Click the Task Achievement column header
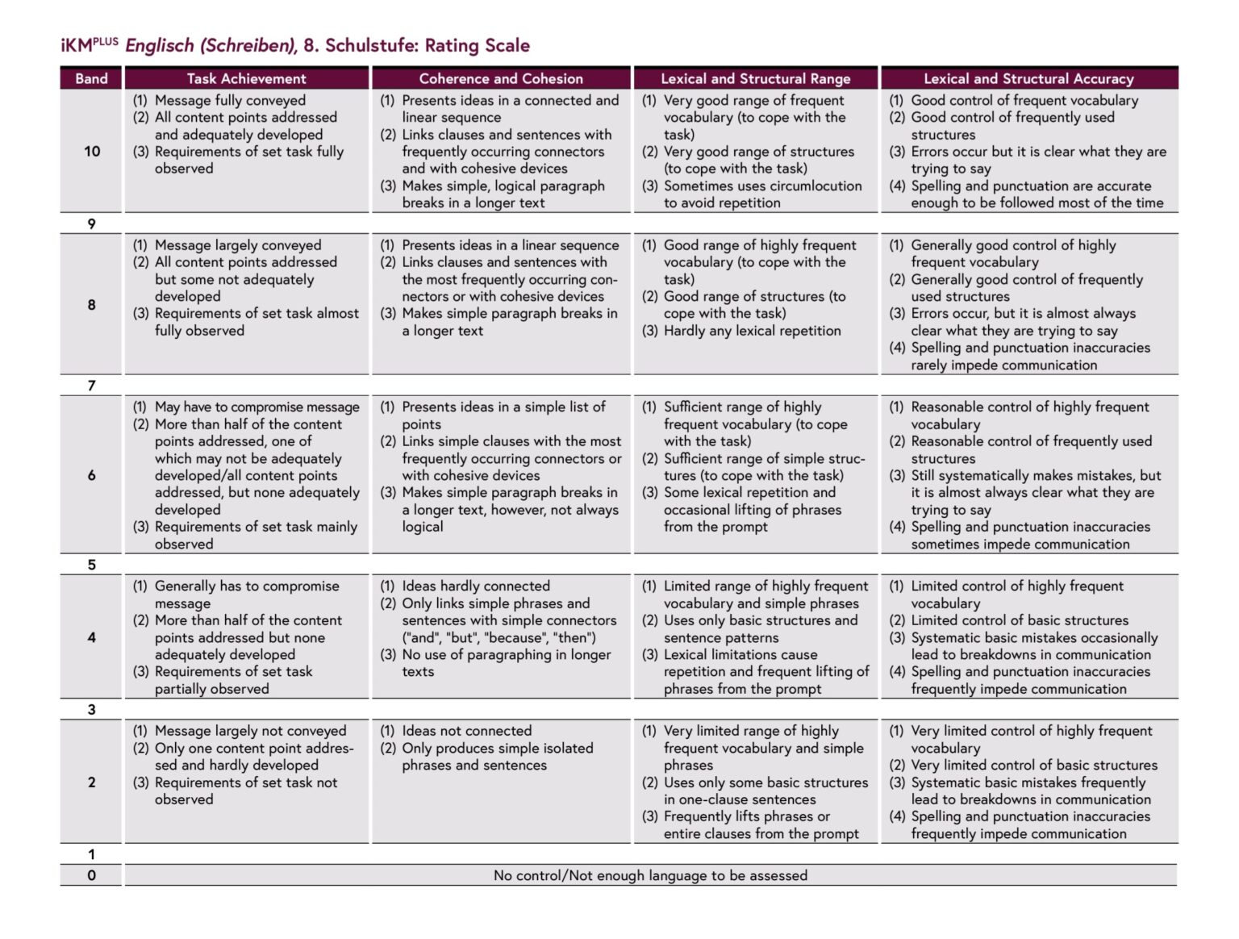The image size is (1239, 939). (x=246, y=78)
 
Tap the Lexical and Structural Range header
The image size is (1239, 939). (x=755, y=78)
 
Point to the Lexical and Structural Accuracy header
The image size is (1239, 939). (x=1028, y=78)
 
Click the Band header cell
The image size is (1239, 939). (x=91, y=78)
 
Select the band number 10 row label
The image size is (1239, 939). (x=92, y=151)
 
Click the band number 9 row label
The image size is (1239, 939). (x=91, y=223)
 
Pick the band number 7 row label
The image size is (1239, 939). (x=91, y=386)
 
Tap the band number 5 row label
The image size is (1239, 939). (x=91, y=565)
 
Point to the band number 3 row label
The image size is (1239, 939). (x=91, y=710)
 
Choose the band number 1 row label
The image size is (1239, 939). (x=91, y=854)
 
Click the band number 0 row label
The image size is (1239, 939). (x=91, y=875)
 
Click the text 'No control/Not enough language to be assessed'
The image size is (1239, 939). (x=650, y=875)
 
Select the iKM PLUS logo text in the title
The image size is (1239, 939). (x=89, y=45)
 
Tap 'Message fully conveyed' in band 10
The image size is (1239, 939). (x=230, y=100)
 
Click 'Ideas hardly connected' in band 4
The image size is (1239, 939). (x=476, y=586)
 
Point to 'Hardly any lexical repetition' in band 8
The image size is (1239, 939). (x=752, y=330)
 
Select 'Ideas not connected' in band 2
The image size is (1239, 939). (x=466, y=731)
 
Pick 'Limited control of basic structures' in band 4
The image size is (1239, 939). (x=1020, y=620)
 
